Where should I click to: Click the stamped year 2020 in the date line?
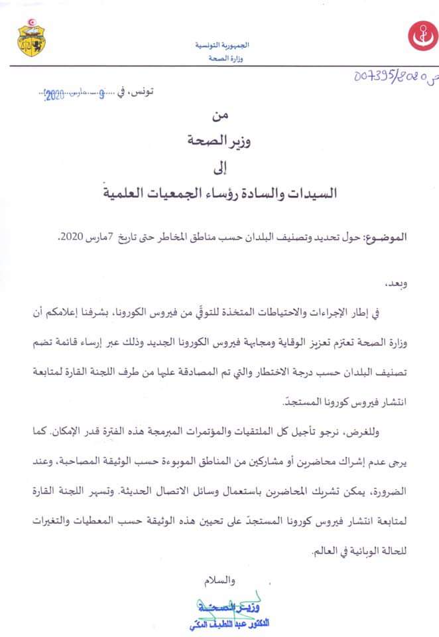pos(53,95)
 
